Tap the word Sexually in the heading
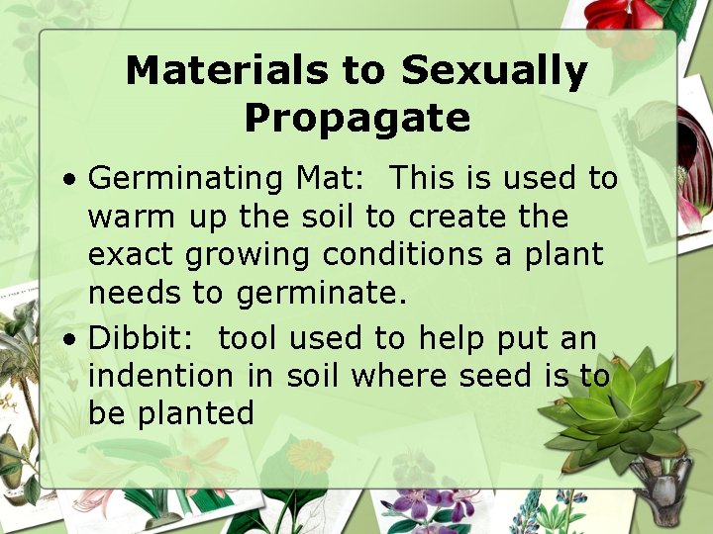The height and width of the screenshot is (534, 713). (x=494, y=71)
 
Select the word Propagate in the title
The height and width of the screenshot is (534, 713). (x=356, y=118)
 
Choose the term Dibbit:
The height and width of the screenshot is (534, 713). (x=145, y=338)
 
